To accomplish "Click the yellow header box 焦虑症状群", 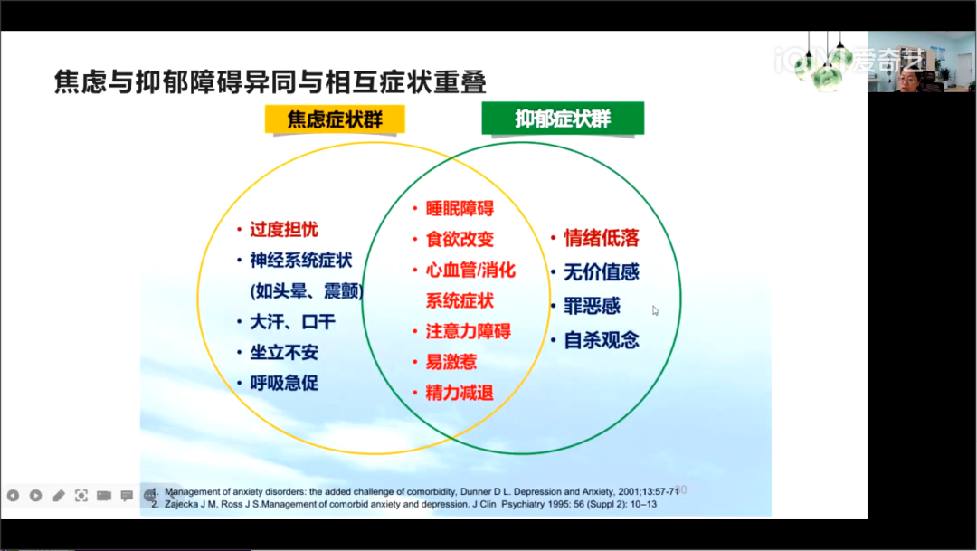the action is (x=335, y=119).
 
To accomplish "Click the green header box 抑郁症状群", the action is (x=563, y=119).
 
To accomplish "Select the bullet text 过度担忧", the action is (x=284, y=230).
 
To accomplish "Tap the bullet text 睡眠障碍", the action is (x=460, y=209).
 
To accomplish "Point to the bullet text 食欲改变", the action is (x=460, y=240).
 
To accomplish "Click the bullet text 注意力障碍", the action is (x=469, y=332).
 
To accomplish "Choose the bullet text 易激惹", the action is (x=451, y=362).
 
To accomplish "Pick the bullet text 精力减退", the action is (x=460, y=393).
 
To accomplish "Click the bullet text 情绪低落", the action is (x=602, y=238).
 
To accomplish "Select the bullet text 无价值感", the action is (x=602, y=272).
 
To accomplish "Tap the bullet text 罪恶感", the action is (x=592, y=306).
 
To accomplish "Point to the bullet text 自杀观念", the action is (x=602, y=340).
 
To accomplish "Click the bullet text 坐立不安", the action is (x=284, y=353).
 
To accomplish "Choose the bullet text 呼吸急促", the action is (x=284, y=384).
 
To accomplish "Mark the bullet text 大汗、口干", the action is (x=293, y=322).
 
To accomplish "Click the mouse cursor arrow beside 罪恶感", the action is (x=656, y=310).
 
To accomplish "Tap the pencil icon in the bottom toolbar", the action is (x=59, y=496).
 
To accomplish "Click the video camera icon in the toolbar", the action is (x=104, y=496).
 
